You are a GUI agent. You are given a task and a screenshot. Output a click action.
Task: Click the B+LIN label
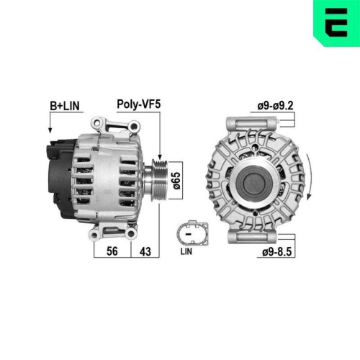(66, 105)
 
